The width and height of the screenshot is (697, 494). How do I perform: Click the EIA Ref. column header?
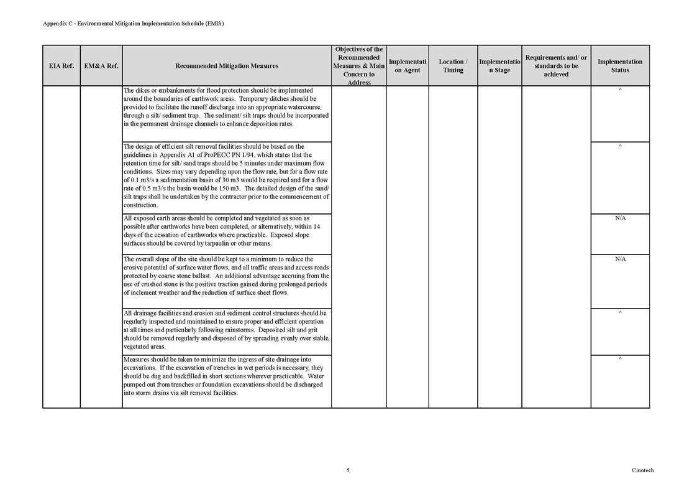[61, 66]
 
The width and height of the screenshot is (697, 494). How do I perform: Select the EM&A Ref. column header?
[101, 66]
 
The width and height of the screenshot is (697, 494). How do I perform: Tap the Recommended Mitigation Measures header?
[227, 66]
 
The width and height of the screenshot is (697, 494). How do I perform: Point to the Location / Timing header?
[453, 66]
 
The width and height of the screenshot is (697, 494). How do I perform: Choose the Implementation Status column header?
[619, 66]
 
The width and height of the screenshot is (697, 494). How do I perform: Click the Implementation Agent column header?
[407, 66]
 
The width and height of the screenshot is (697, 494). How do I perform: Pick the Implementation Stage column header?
[499, 66]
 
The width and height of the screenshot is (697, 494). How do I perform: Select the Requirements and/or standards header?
[556, 66]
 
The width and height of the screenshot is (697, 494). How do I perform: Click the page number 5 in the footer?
[348, 470]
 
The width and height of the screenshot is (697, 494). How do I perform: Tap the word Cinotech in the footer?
[643, 470]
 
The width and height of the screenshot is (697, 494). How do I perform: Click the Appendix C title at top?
[133, 24]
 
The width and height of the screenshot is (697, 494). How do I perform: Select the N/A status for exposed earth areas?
[620, 219]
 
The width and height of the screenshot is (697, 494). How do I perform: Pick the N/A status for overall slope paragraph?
[620, 259]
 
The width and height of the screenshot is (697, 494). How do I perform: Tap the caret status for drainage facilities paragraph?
[620, 313]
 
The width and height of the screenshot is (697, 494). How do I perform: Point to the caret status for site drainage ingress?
[620, 360]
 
